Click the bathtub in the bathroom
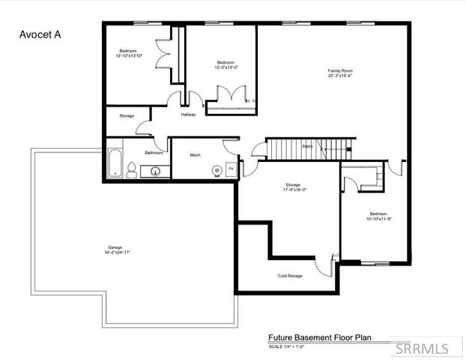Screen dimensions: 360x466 tap(115, 163)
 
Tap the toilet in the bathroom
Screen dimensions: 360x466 tap(132, 169)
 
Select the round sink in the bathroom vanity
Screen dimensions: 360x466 tap(156, 171)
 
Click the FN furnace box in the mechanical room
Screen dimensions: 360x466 tap(231, 169)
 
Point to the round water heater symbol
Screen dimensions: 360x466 tap(217, 170)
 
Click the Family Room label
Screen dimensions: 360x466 tap(339, 71)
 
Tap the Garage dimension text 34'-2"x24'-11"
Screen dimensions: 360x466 tap(118, 252)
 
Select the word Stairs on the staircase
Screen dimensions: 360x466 tap(307, 148)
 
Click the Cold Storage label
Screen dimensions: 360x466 tap(290, 276)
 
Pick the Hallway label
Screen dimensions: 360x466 tap(188, 115)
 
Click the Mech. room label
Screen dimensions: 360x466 tap(195, 154)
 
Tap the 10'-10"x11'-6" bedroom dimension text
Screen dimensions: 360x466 tap(379, 219)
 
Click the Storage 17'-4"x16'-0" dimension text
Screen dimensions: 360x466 tap(292, 189)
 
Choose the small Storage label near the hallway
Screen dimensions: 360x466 tap(126, 115)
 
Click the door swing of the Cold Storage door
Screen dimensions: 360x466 tap(323, 265)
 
